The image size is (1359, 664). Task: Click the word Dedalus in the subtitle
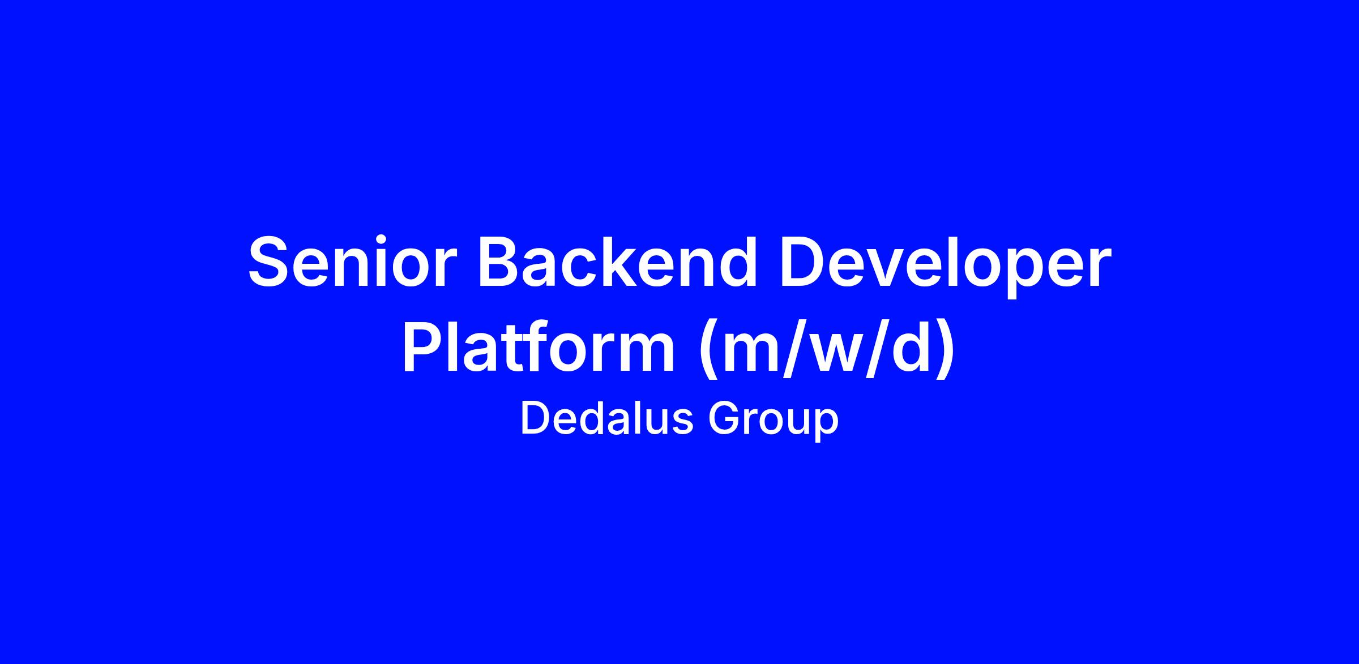click(606, 419)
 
